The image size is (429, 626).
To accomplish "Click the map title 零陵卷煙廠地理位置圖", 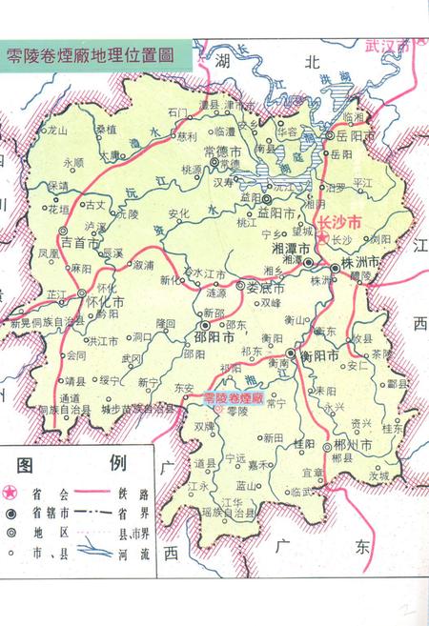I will click(90, 54).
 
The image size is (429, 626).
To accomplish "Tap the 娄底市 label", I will click(260, 287).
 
